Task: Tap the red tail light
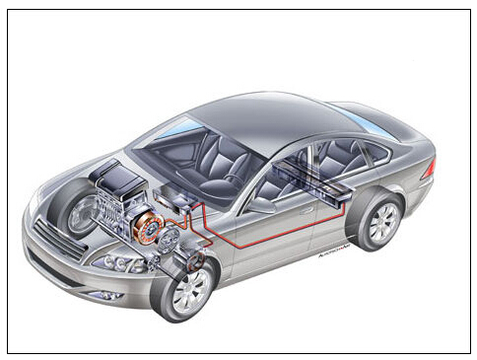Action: click(429, 169)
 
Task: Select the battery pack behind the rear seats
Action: click(315, 178)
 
